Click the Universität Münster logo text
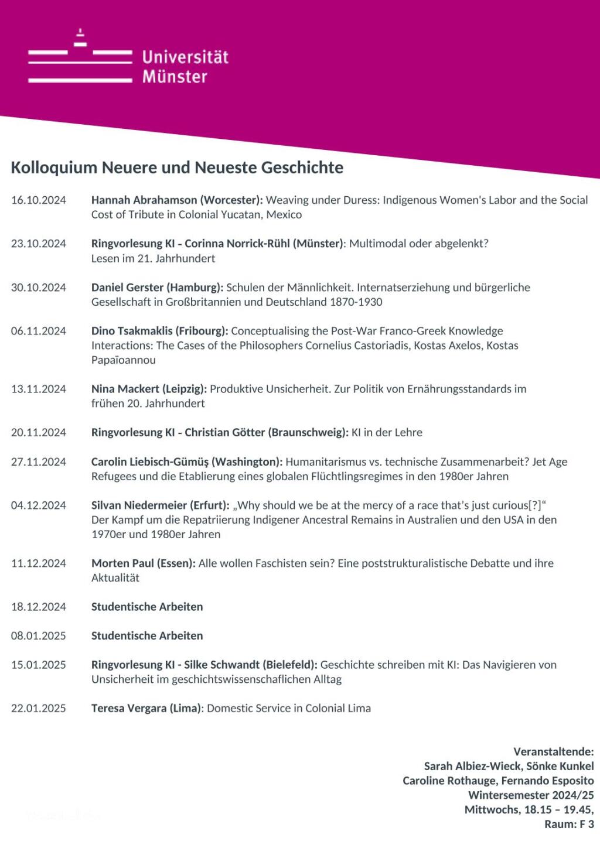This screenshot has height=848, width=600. (x=185, y=66)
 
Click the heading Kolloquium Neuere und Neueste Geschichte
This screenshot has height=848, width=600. (x=177, y=167)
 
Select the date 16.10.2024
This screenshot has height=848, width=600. (x=39, y=200)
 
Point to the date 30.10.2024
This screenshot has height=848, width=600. (x=39, y=288)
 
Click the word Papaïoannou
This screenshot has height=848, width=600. (x=124, y=360)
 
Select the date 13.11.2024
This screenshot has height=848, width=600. (x=39, y=389)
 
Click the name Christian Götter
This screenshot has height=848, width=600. (x=225, y=433)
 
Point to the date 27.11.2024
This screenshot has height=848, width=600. (x=39, y=462)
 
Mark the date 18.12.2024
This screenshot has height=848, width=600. (x=39, y=607)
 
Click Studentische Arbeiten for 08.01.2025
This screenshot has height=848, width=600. (x=147, y=636)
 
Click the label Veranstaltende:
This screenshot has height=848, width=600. (x=554, y=752)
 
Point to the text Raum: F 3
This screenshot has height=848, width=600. (x=569, y=825)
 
